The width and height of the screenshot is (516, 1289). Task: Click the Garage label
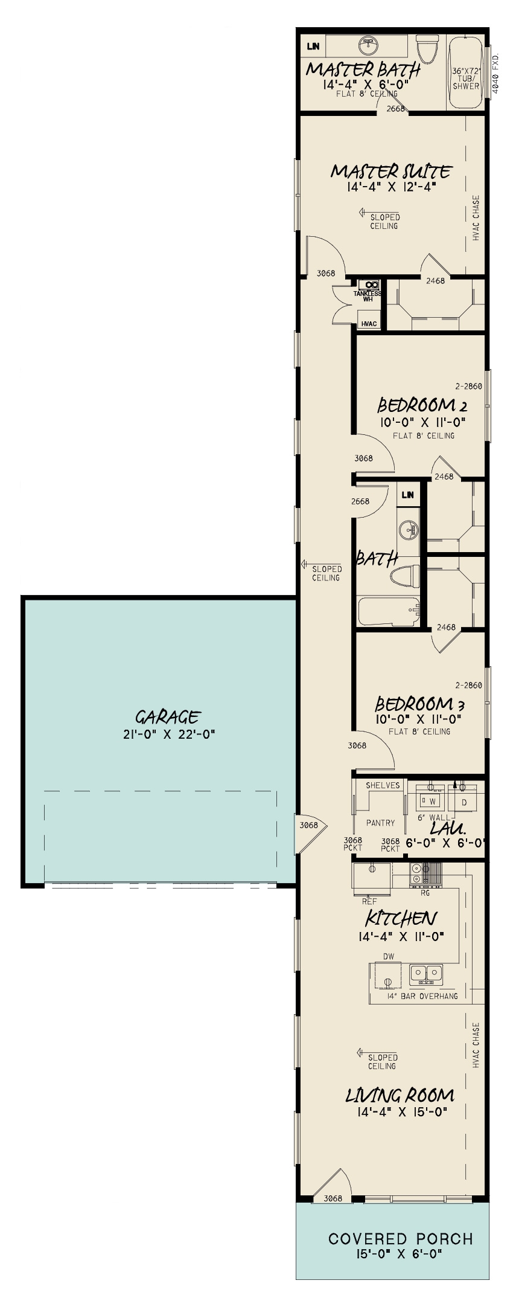(x=167, y=717)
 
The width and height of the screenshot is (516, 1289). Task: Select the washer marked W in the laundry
(x=432, y=802)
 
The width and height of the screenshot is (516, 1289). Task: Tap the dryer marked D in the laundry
(x=464, y=802)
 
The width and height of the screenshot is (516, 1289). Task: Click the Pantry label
(x=380, y=823)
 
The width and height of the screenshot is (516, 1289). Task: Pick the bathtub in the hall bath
(x=389, y=611)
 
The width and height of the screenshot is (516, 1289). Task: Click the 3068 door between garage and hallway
(x=309, y=825)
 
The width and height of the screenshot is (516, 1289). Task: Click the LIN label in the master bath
(x=313, y=46)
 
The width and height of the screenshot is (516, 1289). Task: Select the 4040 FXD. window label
(x=497, y=72)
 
